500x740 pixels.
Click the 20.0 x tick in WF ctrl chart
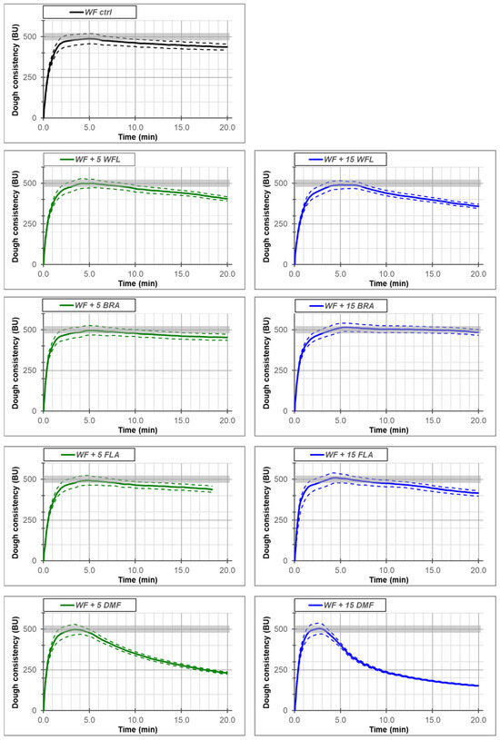[x=227, y=127]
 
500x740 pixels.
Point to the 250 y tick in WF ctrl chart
[x=31, y=77]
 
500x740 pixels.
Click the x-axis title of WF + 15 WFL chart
[x=388, y=283]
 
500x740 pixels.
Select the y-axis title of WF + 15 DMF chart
[x=267, y=662]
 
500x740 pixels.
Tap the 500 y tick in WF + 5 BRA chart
[x=31, y=330]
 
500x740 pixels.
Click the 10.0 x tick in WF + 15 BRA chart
[x=386, y=420]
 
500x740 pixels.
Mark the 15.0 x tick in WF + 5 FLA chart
[x=182, y=570]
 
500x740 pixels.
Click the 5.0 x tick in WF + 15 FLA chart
[x=340, y=570]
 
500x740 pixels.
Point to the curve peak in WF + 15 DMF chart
[x=319, y=628]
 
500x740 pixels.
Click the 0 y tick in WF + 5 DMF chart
[x=35, y=710]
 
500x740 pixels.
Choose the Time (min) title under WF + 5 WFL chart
[x=137, y=283]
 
